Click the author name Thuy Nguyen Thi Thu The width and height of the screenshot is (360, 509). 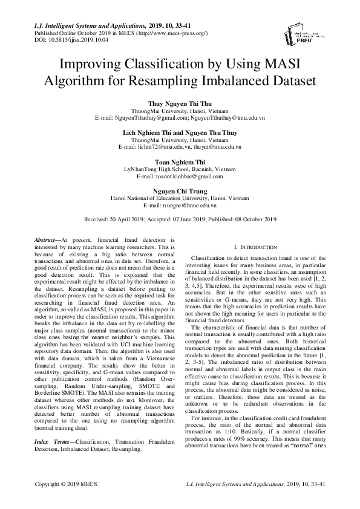pos(180,104)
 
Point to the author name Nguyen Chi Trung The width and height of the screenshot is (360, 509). pos(180,191)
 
